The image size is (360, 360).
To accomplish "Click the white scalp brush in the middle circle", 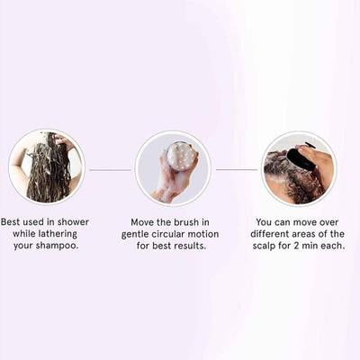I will (x=182, y=156).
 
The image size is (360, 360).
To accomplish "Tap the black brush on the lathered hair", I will (x=301, y=158).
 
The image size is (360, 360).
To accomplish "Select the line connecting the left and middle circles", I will (x=110, y=169).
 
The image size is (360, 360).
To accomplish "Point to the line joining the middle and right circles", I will (x=237, y=169).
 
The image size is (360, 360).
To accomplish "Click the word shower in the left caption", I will (x=74, y=220).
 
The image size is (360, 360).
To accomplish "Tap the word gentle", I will (x=139, y=234).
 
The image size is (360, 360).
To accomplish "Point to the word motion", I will (x=224, y=234).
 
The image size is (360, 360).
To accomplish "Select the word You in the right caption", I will (x=265, y=220).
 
